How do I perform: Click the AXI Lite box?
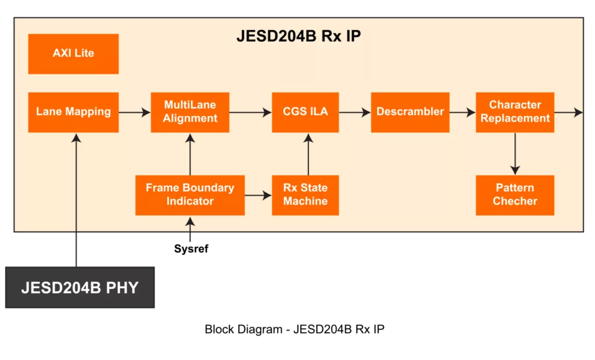pos(73,53)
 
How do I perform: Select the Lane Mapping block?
pos(73,112)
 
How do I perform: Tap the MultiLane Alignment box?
pos(190,112)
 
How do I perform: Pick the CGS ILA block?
pos(305,112)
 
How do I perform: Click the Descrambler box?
pos(410,112)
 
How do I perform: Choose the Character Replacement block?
pos(515,112)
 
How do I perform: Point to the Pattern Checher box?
pos(515,195)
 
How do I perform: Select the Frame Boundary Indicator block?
pos(190,195)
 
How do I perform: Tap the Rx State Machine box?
pos(305,195)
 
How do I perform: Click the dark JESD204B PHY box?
pos(80,287)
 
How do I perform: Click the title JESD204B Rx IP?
pos(299,36)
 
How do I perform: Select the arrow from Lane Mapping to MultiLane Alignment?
pos(135,112)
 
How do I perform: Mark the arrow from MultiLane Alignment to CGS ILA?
pos(250,112)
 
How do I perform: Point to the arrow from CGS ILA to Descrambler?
pos(354,112)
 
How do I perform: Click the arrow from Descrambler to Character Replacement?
pos(463,112)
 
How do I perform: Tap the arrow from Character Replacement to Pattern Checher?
pos(515,154)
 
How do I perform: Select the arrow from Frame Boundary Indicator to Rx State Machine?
pos(258,196)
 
